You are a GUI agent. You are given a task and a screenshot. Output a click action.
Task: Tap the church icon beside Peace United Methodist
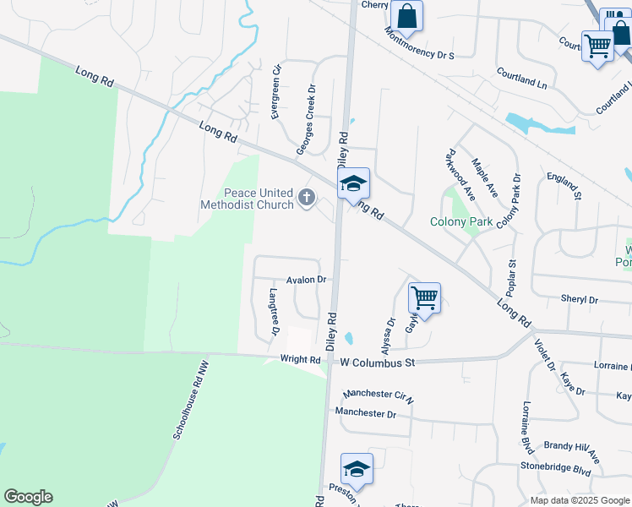[306, 199]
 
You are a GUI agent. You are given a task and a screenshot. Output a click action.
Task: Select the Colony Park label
[460, 222]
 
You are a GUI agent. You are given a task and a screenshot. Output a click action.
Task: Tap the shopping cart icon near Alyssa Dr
[423, 297]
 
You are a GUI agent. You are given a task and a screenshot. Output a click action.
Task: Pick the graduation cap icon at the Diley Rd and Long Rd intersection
[354, 183]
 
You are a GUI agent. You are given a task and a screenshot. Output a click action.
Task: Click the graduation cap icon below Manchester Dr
[357, 469]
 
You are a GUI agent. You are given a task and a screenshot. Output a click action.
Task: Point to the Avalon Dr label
[306, 279]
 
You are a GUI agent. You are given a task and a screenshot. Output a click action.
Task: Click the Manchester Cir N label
[378, 395]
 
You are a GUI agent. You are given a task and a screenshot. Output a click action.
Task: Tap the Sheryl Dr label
[579, 300]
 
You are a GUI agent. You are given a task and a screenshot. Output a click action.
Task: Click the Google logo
[28, 497]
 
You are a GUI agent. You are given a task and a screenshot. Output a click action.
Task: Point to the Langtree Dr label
[274, 312]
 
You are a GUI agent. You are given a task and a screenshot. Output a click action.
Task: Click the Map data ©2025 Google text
[580, 500]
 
